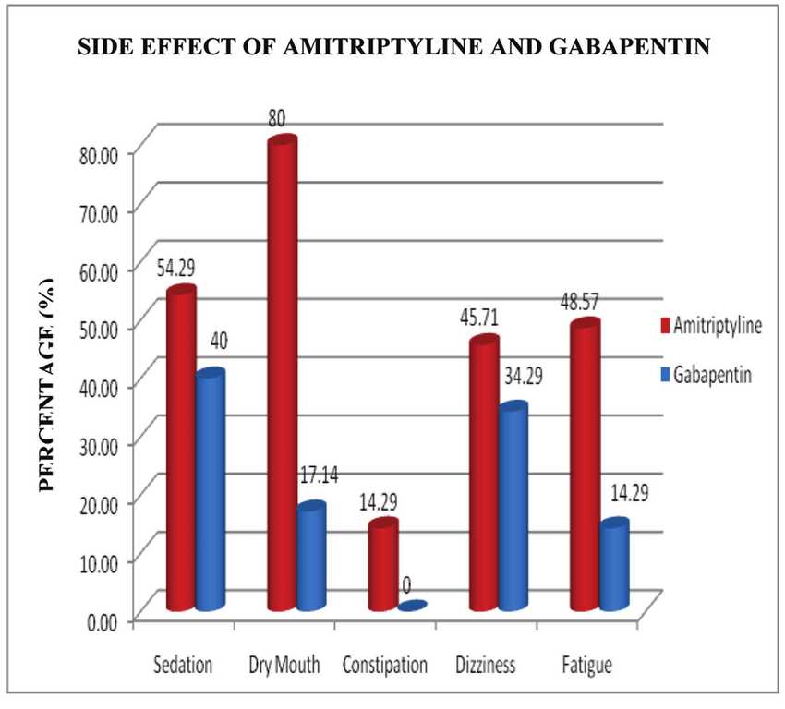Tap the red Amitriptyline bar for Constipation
click(383, 567)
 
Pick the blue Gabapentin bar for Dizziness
click(513, 508)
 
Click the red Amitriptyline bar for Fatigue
click(585, 466)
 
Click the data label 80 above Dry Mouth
click(278, 119)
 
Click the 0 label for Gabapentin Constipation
click(406, 584)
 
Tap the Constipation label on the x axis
click(385, 665)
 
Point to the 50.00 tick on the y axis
click(104, 328)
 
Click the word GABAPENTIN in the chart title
click(627, 48)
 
